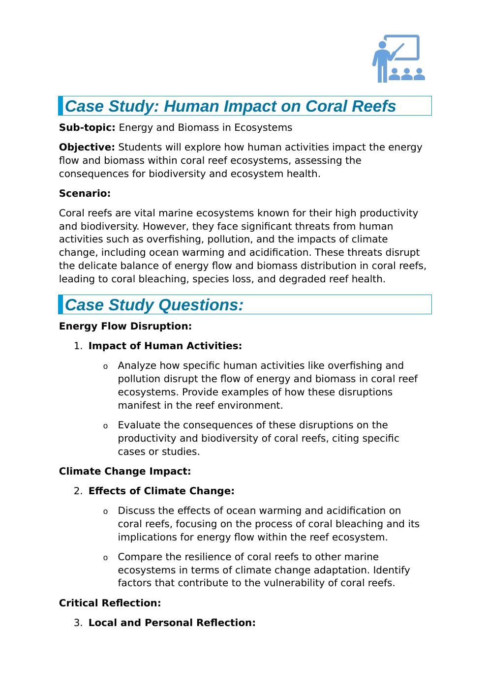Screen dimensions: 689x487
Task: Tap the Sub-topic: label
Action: point(87,128)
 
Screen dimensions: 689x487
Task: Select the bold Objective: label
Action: point(87,148)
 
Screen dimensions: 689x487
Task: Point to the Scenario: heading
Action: point(85,194)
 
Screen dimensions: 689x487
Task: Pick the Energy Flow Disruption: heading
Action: point(125,327)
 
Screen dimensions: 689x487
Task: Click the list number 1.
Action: point(77,346)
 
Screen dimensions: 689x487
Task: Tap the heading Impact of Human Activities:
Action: point(165,346)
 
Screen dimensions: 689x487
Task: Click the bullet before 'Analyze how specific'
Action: point(105,367)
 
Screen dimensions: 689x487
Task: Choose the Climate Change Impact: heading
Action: point(125,472)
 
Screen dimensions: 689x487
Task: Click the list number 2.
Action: point(77,491)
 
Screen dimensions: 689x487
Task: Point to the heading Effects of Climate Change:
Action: point(161,491)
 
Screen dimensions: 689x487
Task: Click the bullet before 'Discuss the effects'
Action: point(105,512)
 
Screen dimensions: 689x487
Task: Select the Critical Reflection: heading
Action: point(110,603)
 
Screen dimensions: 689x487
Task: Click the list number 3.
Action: point(77,623)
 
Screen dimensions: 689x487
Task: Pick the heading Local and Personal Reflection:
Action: point(172,623)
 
